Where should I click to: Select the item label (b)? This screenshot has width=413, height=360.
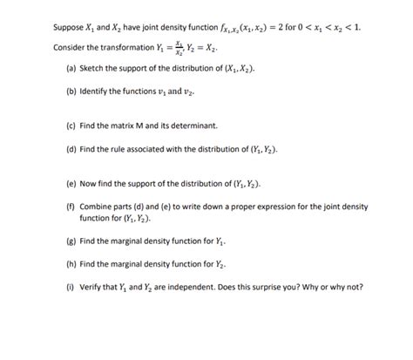pos(71,92)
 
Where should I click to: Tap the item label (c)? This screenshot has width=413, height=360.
pos(71,126)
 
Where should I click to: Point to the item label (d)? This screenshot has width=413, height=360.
pos(71,149)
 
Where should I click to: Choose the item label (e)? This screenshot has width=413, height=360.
pos(71,185)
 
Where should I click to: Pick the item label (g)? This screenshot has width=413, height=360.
pos(71,240)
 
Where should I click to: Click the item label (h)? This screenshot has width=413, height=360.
pos(71,263)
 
